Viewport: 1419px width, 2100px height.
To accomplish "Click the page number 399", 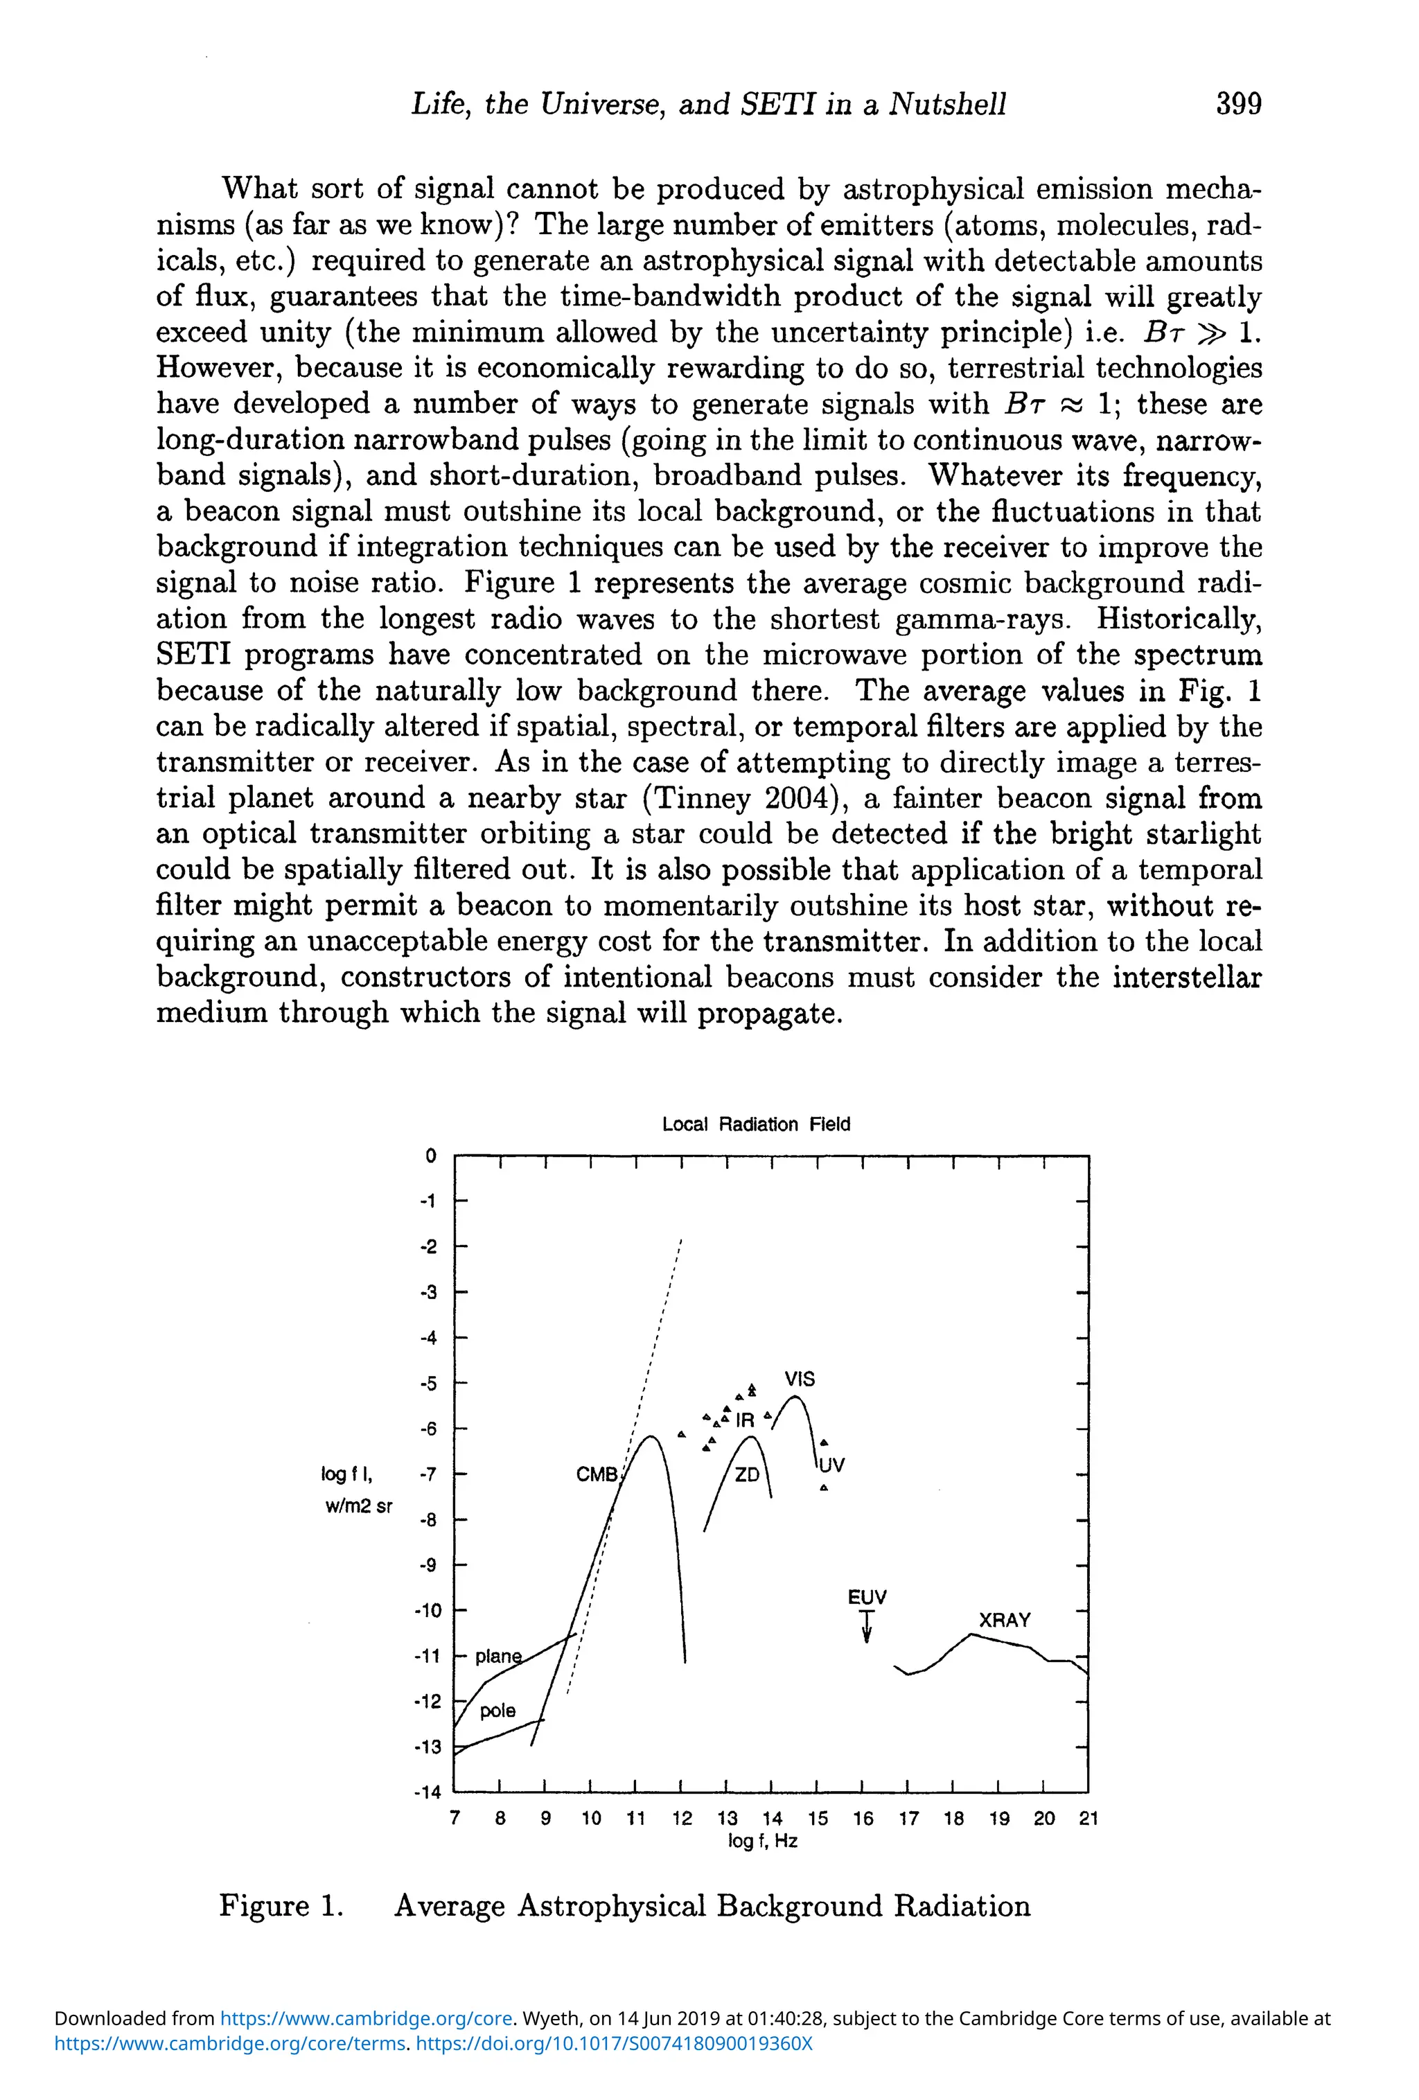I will click(1237, 104).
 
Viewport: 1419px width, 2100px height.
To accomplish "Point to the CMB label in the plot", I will click(597, 1474).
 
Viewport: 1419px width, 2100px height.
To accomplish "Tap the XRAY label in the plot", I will click(1004, 1620).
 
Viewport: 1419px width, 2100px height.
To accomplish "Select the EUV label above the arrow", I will click(867, 1597).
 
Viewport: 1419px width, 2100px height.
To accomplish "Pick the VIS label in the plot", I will click(799, 1379).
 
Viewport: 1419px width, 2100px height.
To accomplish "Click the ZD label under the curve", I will click(746, 1474).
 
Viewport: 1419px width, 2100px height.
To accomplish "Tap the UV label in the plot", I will click(831, 1465).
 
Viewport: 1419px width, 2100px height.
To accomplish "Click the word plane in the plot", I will click(498, 1657).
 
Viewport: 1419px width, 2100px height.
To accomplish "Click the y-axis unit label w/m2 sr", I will click(359, 1506).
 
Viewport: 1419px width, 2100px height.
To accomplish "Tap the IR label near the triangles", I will click(745, 1420).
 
